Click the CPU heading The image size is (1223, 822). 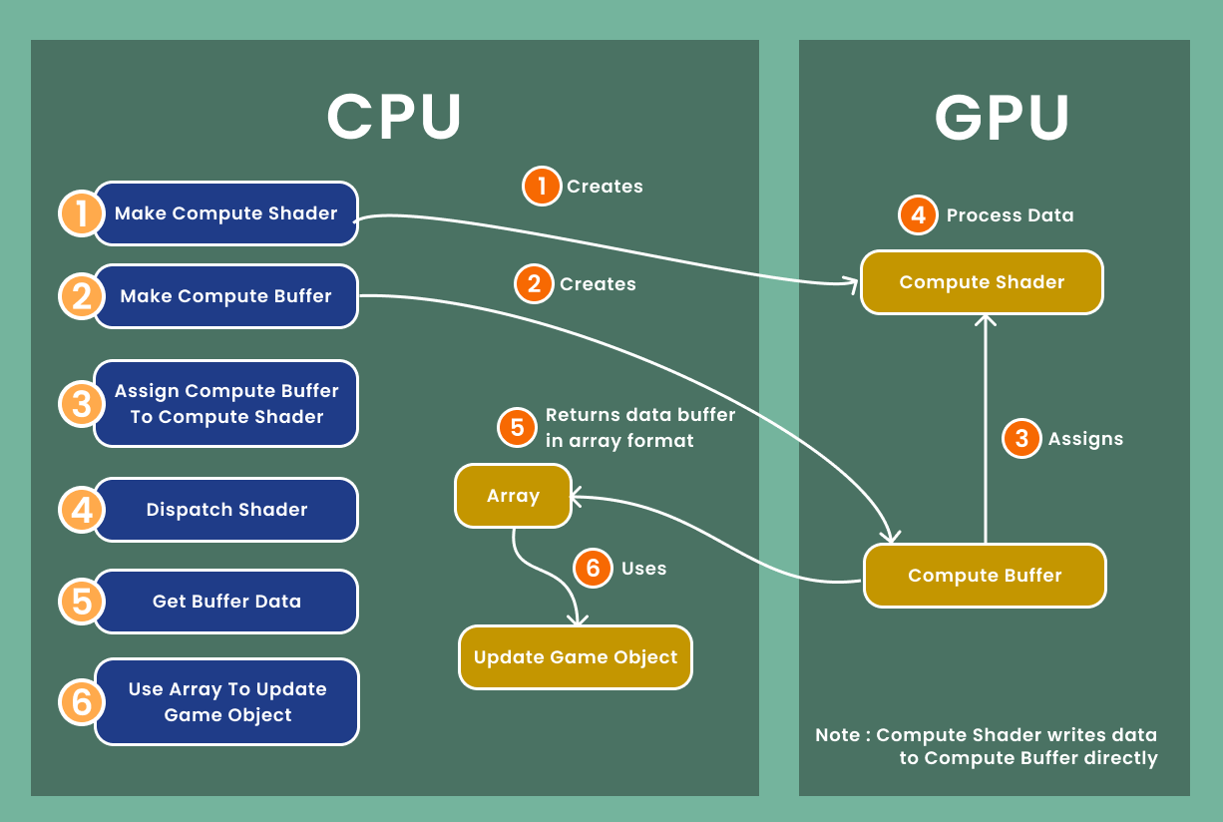[x=394, y=116]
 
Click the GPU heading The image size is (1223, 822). [x=1002, y=117]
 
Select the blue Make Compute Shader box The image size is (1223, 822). [x=225, y=213]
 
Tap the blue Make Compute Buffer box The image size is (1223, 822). [x=225, y=296]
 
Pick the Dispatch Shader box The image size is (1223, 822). [x=226, y=510]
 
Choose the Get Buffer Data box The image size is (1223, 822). [x=226, y=602]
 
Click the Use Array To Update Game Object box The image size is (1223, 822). [x=227, y=701]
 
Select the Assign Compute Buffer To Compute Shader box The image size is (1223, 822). [x=226, y=404]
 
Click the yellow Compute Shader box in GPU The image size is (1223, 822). [x=982, y=282]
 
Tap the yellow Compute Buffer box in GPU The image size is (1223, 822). [x=985, y=576]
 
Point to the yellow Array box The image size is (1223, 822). [x=513, y=496]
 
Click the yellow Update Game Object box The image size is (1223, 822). [x=576, y=657]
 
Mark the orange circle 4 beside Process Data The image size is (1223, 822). [x=918, y=215]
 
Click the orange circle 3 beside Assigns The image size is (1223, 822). [x=1020, y=439]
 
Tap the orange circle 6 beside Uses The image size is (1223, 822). [x=593, y=569]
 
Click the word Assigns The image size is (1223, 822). [x=1085, y=439]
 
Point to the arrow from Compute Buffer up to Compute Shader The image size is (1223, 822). [x=986, y=429]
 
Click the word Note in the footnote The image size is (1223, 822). [x=837, y=735]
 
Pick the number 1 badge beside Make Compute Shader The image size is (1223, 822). [x=79, y=213]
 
